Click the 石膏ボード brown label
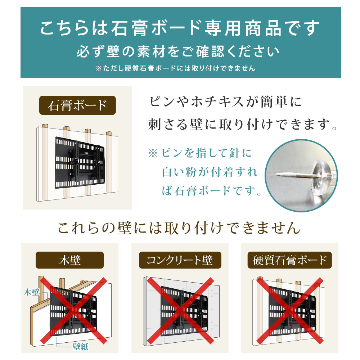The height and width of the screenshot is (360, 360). tap(77, 105)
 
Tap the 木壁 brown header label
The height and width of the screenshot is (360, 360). tap(69, 260)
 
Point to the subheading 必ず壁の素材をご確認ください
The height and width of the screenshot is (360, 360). tap(178, 51)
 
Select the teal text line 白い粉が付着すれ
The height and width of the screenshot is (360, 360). tap(210, 172)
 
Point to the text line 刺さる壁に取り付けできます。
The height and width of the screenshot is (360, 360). tap(243, 125)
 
